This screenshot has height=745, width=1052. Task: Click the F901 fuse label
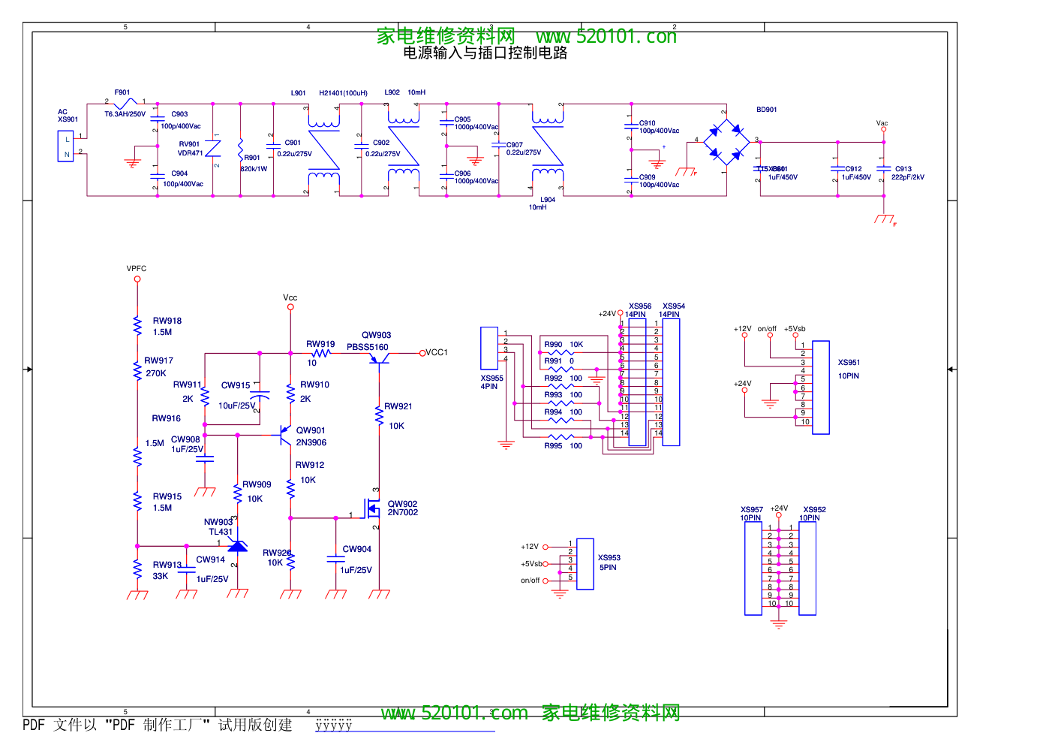pyautogui.click(x=122, y=92)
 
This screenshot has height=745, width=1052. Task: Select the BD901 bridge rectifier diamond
pyautogui.click(x=726, y=140)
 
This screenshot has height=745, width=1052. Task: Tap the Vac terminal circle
pyautogui.click(x=883, y=129)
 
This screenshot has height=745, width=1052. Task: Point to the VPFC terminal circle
pyautogui.click(x=137, y=279)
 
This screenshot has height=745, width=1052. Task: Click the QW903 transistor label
pyautogui.click(x=376, y=335)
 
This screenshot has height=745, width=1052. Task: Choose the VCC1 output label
pyautogui.click(x=437, y=352)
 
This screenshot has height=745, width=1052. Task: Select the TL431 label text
pyautogui.click(x=221, y=532)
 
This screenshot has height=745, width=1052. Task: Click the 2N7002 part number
pyautogui.click(x=403, y=513)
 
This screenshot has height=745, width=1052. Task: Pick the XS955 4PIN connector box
pyautogui.click(x=489, y=348)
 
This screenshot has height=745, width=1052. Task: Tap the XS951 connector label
pyautogui.click(x=849, y=362)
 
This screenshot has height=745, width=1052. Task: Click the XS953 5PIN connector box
pyautogui.click(x=585, y=563)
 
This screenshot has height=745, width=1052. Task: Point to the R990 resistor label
pyautogui.click(x=553, y=345)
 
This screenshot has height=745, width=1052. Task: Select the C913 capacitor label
pyautogui.click(x=903, y=169)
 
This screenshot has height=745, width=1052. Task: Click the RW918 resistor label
pyautogui.click(x=167, y=321)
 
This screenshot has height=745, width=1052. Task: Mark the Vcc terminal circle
pyautogui.click(x=290, y=307)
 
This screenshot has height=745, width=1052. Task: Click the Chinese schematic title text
pyautogui.click(x=485, y=53)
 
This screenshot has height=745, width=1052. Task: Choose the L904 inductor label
pyautogui.click(x=548, y=200)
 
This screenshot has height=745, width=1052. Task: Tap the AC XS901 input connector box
pyautogui.click(x=66, y=146)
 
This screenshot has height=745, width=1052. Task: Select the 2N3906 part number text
pyautogui.click(x=311, y=442)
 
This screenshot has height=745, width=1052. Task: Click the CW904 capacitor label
pyautogui.click(x=357, y=549)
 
